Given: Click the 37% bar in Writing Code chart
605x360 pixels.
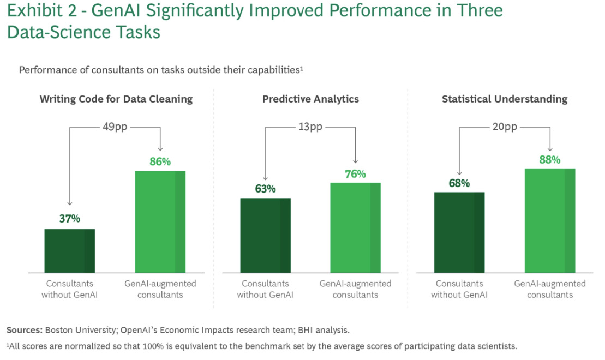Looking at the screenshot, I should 69,250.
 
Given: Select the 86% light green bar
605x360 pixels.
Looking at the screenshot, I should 160,221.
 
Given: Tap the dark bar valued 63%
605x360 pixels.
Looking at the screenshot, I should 265,235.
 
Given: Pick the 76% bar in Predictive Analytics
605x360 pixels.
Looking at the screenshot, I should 355,227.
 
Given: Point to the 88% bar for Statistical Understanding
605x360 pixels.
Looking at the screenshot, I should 550,220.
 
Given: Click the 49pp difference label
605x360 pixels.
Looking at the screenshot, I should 115,127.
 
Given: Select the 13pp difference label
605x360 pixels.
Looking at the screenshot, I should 310,127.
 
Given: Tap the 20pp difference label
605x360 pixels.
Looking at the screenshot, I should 505,127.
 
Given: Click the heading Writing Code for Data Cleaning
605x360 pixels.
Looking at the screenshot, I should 116,99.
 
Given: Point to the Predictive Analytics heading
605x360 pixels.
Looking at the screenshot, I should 310,99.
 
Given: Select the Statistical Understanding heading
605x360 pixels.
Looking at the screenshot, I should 505,99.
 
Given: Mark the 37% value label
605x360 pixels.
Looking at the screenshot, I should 69,219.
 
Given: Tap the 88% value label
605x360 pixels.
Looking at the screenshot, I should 550,159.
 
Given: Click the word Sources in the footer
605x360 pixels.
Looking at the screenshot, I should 24,330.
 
